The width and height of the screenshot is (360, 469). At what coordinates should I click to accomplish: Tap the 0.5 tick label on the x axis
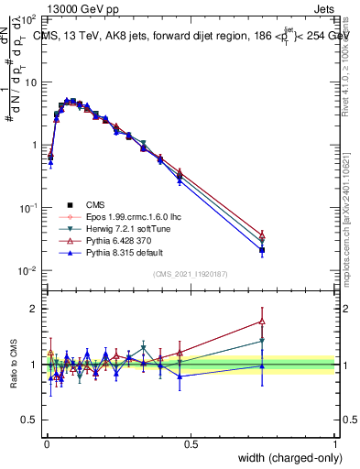(191, 442)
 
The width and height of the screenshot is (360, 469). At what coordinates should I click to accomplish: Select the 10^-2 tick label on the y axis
(28, 271)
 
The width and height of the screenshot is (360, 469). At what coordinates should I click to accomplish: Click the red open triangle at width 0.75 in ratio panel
(262, 322)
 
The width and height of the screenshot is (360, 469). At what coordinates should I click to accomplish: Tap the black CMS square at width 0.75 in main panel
(262, 250)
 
